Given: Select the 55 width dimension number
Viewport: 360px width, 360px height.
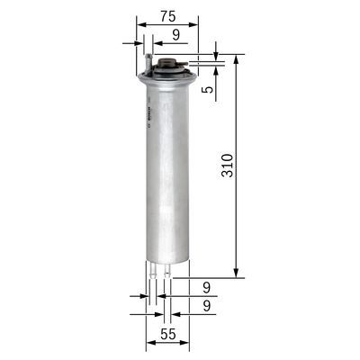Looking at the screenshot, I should (x=168, y=334).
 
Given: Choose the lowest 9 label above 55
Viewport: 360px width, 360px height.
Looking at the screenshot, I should (x=206, y=307).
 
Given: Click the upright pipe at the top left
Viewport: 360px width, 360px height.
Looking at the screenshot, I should (x=145, y=61).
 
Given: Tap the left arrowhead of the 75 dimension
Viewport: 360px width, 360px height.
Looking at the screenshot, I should (x=140, y=24).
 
